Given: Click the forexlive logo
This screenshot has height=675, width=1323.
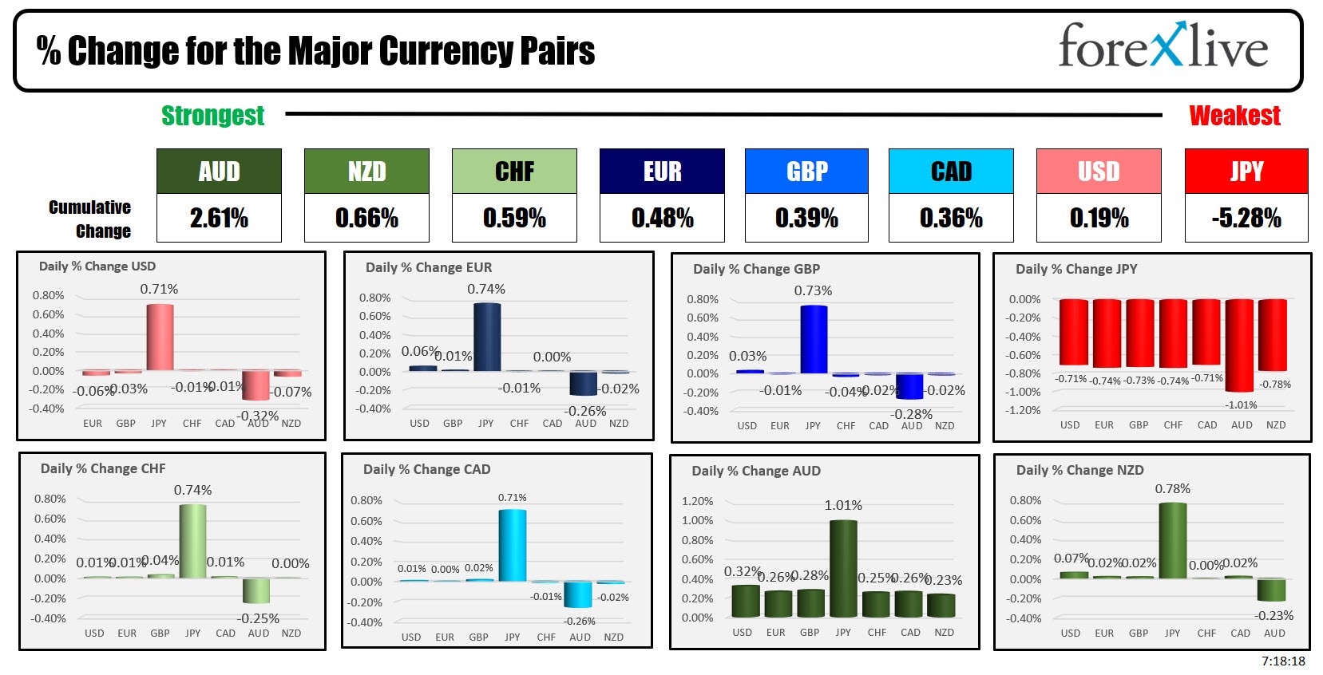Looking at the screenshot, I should coord(1163,46).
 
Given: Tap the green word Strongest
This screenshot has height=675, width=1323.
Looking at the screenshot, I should coord(212,116).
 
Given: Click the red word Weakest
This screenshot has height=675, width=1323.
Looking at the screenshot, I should coord(1234,116).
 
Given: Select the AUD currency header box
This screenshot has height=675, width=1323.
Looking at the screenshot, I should coord(219,172).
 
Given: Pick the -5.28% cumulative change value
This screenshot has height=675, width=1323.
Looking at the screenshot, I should coord(1246,218).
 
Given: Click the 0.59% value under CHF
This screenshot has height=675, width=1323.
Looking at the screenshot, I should coord(514,218).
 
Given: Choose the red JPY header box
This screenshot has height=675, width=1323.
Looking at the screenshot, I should coord(1246,172).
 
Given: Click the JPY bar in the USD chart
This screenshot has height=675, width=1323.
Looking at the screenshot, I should coord(160,337).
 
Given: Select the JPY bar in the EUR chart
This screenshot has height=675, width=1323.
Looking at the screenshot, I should coord(487,337).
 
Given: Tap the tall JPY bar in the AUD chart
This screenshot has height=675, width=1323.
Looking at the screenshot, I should coord(843,569).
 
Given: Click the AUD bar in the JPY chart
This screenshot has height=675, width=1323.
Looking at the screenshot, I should coord(1240,345).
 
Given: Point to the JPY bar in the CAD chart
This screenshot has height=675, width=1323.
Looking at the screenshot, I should coord(513,546).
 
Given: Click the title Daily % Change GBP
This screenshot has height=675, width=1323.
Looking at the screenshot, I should coord(756,269).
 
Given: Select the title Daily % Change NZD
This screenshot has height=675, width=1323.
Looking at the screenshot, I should coord(1079,470).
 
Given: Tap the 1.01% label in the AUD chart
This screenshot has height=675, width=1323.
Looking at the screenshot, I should coord(843,505).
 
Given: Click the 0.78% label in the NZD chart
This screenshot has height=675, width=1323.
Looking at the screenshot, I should coord(1172,488).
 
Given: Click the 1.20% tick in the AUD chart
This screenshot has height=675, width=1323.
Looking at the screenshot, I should coord(697,501).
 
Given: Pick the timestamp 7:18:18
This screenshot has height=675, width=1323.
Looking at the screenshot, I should coord(1283,661).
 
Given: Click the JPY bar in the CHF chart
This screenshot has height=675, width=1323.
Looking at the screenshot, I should coord(193,541).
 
